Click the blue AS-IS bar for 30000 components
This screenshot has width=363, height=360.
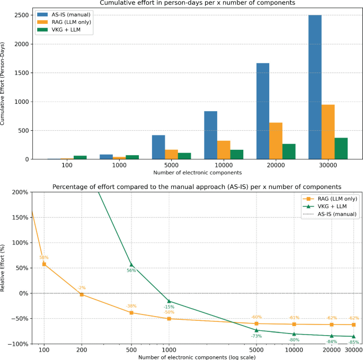(x=315, y=87)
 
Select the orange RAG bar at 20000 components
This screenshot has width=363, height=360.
(x=276, y=141)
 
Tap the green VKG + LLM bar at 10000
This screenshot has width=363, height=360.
(x=236, y=155)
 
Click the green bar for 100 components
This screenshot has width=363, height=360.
(x=80, y=157)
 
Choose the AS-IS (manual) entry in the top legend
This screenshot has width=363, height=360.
(x=71, y=15)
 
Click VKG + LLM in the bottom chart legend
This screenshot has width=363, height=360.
(x=332, y=206)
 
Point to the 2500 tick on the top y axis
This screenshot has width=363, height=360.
(x=22, y=15)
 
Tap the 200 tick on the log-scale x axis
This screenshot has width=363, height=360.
(x=82, y=350)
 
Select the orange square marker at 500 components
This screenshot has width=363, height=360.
(x=131, y=312)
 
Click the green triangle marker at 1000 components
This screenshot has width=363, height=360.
(x=169, y=301)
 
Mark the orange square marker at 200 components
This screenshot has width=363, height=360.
(x=82, y=294)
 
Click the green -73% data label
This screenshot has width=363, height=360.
(x=256, y=336)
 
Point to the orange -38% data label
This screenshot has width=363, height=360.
(x=131, y=306)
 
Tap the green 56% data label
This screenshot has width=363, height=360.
(x=131, y=271)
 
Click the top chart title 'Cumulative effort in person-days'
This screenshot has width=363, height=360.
(x=198, y=3)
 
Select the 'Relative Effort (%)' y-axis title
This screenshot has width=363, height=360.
(x=2, y=268)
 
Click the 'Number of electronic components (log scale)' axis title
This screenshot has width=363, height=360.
(x=197, y=357)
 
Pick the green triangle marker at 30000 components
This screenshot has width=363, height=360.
(x=353, y=336)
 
